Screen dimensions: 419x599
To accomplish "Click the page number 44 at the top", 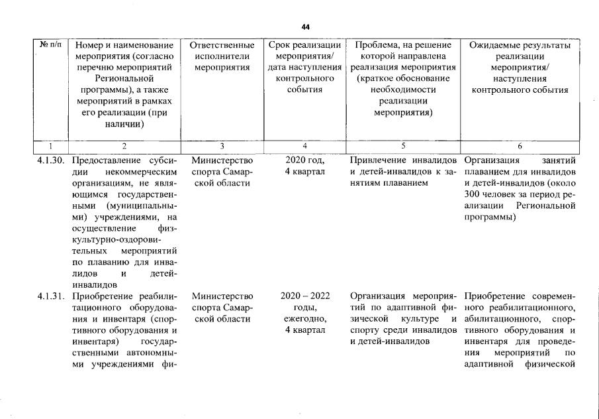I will click(305, 27).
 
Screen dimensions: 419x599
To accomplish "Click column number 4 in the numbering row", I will click(304, 145).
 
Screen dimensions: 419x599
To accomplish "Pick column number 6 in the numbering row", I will click(520, 145).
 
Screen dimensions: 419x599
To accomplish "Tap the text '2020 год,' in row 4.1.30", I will click(304, 160).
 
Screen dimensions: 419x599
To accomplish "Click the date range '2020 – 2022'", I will click(304, 296).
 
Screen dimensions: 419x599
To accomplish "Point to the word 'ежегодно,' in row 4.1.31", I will click(304, 318).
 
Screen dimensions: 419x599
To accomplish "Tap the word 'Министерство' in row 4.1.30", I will click(222, 160).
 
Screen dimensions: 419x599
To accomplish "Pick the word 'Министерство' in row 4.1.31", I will click(222, 296).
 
